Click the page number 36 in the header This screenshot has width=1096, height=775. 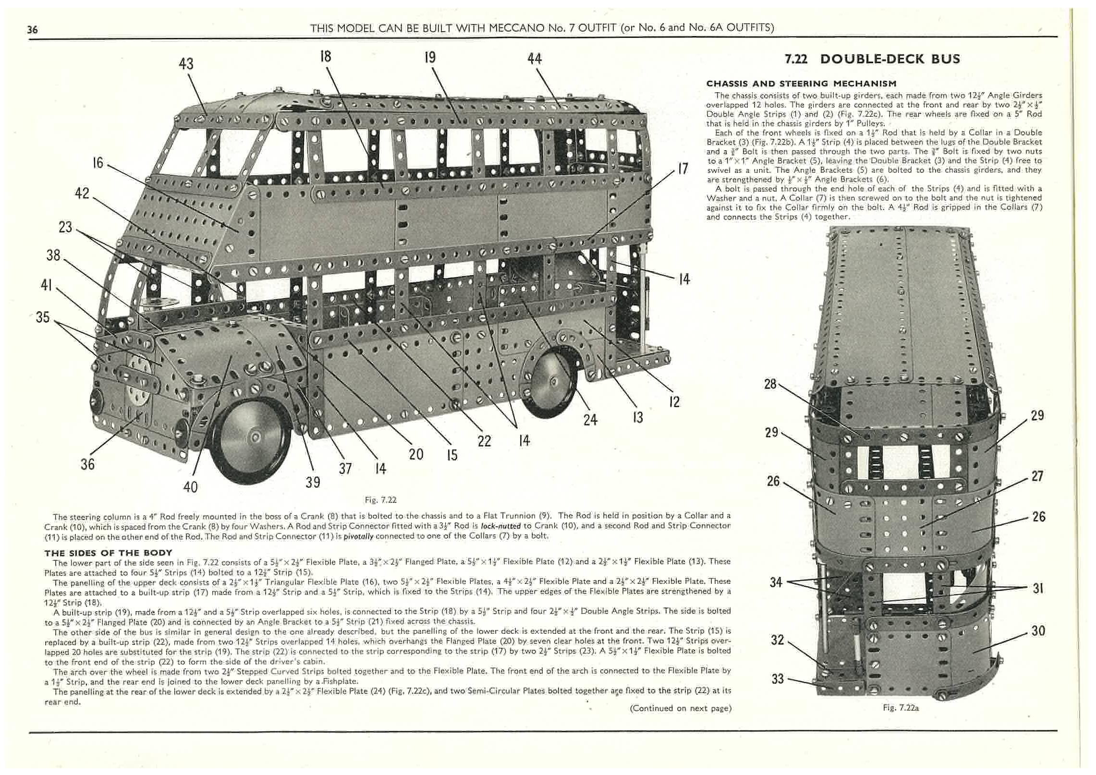coord(32,30)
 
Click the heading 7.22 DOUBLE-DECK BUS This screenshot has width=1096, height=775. coord(872,59)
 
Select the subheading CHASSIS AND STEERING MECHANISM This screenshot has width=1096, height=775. coord(801,84)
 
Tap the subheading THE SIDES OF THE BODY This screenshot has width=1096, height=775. coord(108,553)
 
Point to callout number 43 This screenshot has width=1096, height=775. coord(186,63)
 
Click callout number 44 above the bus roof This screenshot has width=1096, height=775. coord(534,59)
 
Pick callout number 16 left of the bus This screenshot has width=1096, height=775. coord(97,163)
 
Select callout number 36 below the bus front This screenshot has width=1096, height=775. coord(87,464)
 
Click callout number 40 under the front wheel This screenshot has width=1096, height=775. coord(190,487)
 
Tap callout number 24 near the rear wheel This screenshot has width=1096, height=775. coord(590,420)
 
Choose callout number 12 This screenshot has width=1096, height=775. coord(674,401)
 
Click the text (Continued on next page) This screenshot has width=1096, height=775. coord(680,708)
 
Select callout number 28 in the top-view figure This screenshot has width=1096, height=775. coord(770,384)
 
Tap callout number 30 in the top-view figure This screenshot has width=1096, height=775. coord(1038,630)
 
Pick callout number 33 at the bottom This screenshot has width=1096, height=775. coord(778,678)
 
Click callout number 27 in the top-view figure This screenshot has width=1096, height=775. coord(1037,476)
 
